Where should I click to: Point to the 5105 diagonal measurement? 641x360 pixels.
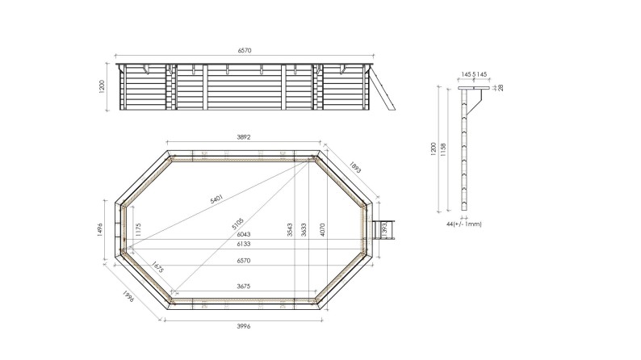pyautogui.click(x=235, y=220)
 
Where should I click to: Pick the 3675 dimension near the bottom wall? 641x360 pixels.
pyautogui.click(x=243, y=286)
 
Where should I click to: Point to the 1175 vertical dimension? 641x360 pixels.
pyautogui.click(x=137, y=229)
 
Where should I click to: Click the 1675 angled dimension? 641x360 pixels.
pyautogui.click(x=156, y=267)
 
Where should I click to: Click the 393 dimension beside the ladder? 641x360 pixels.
pyautogui.click(x=384, y=229)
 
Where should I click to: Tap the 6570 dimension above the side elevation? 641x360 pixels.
pyautogui.click(x=245, y=50)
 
